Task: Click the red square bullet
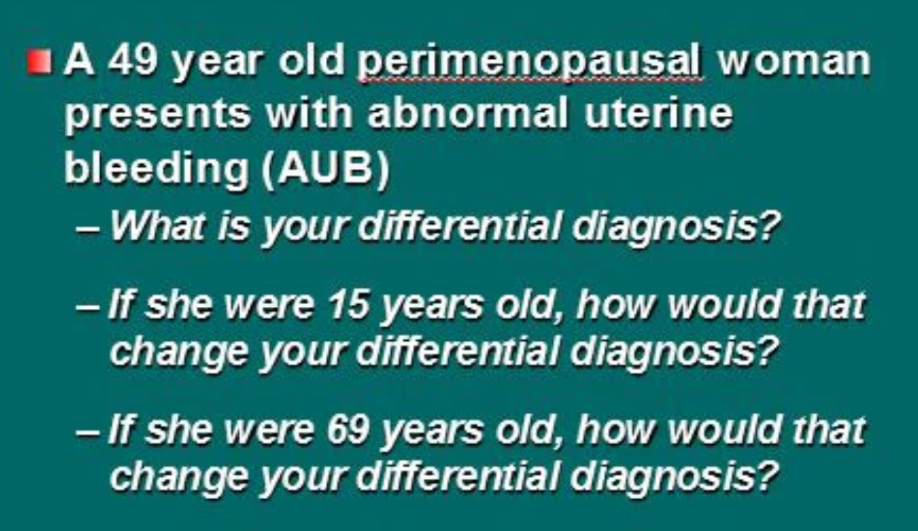(x=40, y=62)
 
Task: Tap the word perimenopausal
(x=530, y=65)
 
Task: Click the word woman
(x=793, y=62)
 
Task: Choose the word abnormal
(x=468, y=112)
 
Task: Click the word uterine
(x=658, y=112)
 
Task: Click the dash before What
(x=88, y=229)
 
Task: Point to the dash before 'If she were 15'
(x=88, y=308)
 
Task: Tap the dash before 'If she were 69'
(x=88, y=432)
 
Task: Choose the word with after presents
(x=309, y=112)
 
